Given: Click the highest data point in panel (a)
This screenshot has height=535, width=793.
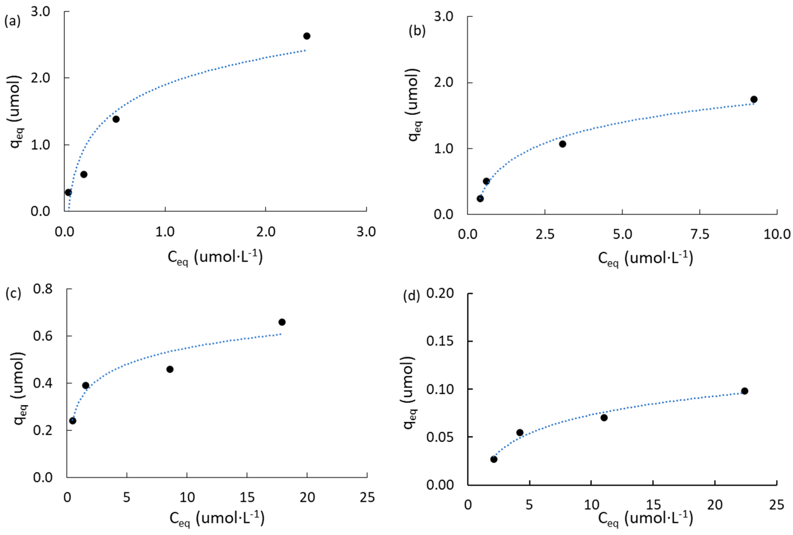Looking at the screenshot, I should [x=306, y=36].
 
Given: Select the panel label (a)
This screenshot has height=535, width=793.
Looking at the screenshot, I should [x=12, y=21].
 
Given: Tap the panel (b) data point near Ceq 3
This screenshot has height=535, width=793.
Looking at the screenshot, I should [x=562, y=144].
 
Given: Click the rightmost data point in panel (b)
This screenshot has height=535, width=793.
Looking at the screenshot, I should [x=754, y=99].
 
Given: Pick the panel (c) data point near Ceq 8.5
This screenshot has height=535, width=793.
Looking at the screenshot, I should [x=170, y=369].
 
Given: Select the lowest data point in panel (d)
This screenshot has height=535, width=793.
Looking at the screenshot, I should [x=494, y=459].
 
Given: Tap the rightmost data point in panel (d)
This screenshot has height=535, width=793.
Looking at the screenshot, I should [x=745, y=391].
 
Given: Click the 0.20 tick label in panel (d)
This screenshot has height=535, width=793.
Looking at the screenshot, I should [x=440, y=293].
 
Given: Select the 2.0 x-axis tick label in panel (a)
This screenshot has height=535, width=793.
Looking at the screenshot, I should [x=266, y=232].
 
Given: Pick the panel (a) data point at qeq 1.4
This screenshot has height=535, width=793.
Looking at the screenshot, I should [x=116, y=119].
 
